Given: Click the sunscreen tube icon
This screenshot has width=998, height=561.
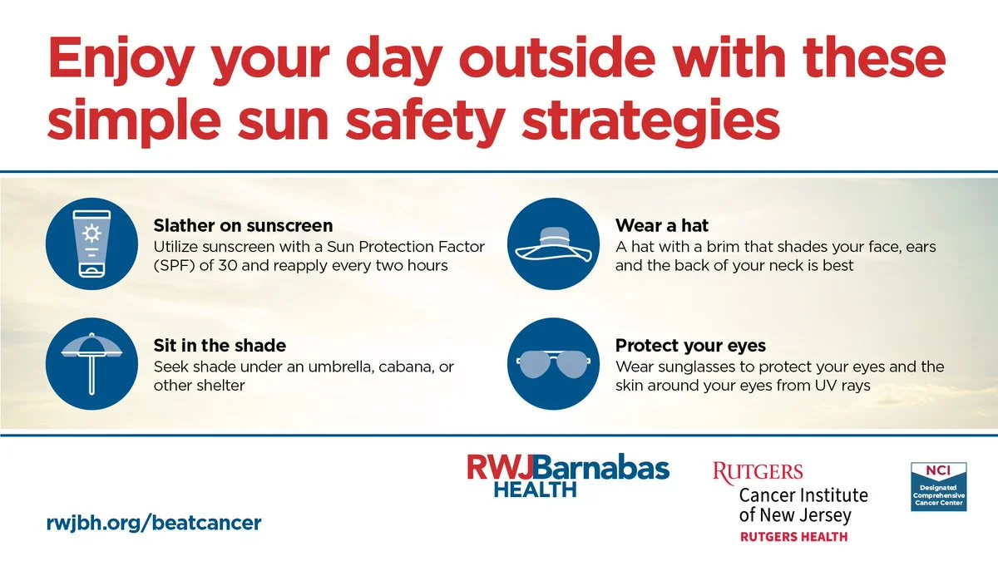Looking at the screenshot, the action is [x=91, y=244].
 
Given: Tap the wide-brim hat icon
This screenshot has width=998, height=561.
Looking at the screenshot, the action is [x=553, y=244].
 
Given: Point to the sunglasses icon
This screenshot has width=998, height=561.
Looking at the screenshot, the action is [x=553, y=364].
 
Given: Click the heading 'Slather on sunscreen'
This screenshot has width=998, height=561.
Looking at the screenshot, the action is [x=243, y=226].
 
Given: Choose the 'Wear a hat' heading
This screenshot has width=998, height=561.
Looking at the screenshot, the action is [x=662, y=226].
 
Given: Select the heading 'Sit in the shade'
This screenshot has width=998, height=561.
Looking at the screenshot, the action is [x=220, y=346].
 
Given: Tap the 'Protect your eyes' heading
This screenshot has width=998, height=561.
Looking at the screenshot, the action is [x=690, y=346].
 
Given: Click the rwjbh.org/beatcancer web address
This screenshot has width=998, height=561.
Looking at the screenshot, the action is [x=154, y=523].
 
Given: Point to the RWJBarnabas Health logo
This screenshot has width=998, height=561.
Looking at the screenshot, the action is [x=568, y=475].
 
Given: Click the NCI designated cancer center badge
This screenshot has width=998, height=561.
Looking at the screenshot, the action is [x=939, y=487].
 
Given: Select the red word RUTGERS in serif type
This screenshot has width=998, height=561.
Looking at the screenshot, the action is [x=758, y=473].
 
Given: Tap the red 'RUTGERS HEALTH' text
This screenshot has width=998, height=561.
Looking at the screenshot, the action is [x=793, y=537].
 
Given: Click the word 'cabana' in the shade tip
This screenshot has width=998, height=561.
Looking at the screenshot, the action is [x=400, y=367].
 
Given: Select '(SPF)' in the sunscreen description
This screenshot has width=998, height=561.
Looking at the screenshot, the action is [x=174, y=266].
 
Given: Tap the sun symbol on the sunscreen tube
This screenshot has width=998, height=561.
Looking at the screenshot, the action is [x=91, y=234].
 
